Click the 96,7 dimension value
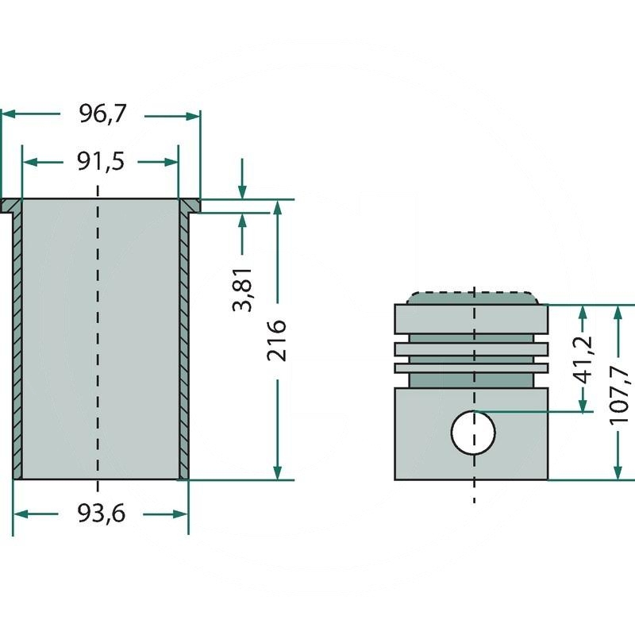pyautogui.click(x=102, y=115)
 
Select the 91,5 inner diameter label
pyautogui.click(x=101, y=162)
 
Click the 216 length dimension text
pyautogui.click(x=277, y=341)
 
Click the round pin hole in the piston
pyautogui.click(x=473, y=433)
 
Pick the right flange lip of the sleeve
pyautogui.click(x=190, y=206)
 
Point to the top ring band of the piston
pyautogui.click(x=471, y=318)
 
